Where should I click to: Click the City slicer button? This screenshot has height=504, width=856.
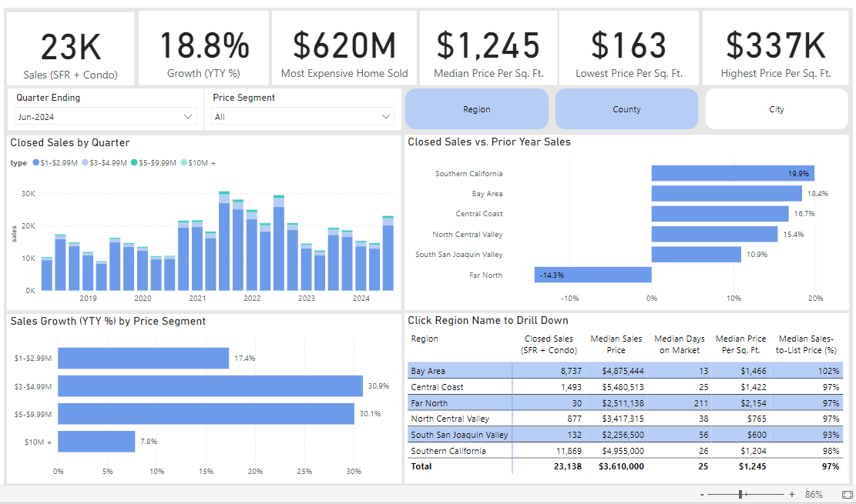point(777,109)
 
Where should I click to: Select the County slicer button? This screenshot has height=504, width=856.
point(626,109)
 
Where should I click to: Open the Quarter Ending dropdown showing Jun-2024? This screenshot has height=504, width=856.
point(106,117)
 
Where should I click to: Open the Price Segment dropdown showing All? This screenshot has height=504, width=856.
point(303,117)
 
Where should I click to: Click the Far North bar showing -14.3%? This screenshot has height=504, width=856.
point(592,275)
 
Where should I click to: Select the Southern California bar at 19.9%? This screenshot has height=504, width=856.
point(733,173)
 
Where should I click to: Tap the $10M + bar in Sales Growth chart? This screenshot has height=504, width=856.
point(96,441)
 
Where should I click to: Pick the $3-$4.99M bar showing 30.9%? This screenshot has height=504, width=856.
point(210,386)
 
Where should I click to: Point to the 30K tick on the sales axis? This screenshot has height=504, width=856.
point(29,194)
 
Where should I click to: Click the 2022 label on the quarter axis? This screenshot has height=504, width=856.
point(252,299)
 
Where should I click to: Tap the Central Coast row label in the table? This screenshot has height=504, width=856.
point(437,387)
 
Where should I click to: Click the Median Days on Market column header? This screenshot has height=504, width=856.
point(679,345)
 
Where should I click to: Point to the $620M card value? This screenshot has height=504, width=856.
point(344,45)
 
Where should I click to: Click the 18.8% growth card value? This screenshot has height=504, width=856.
point(204,45)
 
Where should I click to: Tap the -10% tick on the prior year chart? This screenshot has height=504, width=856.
point(570,299)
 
